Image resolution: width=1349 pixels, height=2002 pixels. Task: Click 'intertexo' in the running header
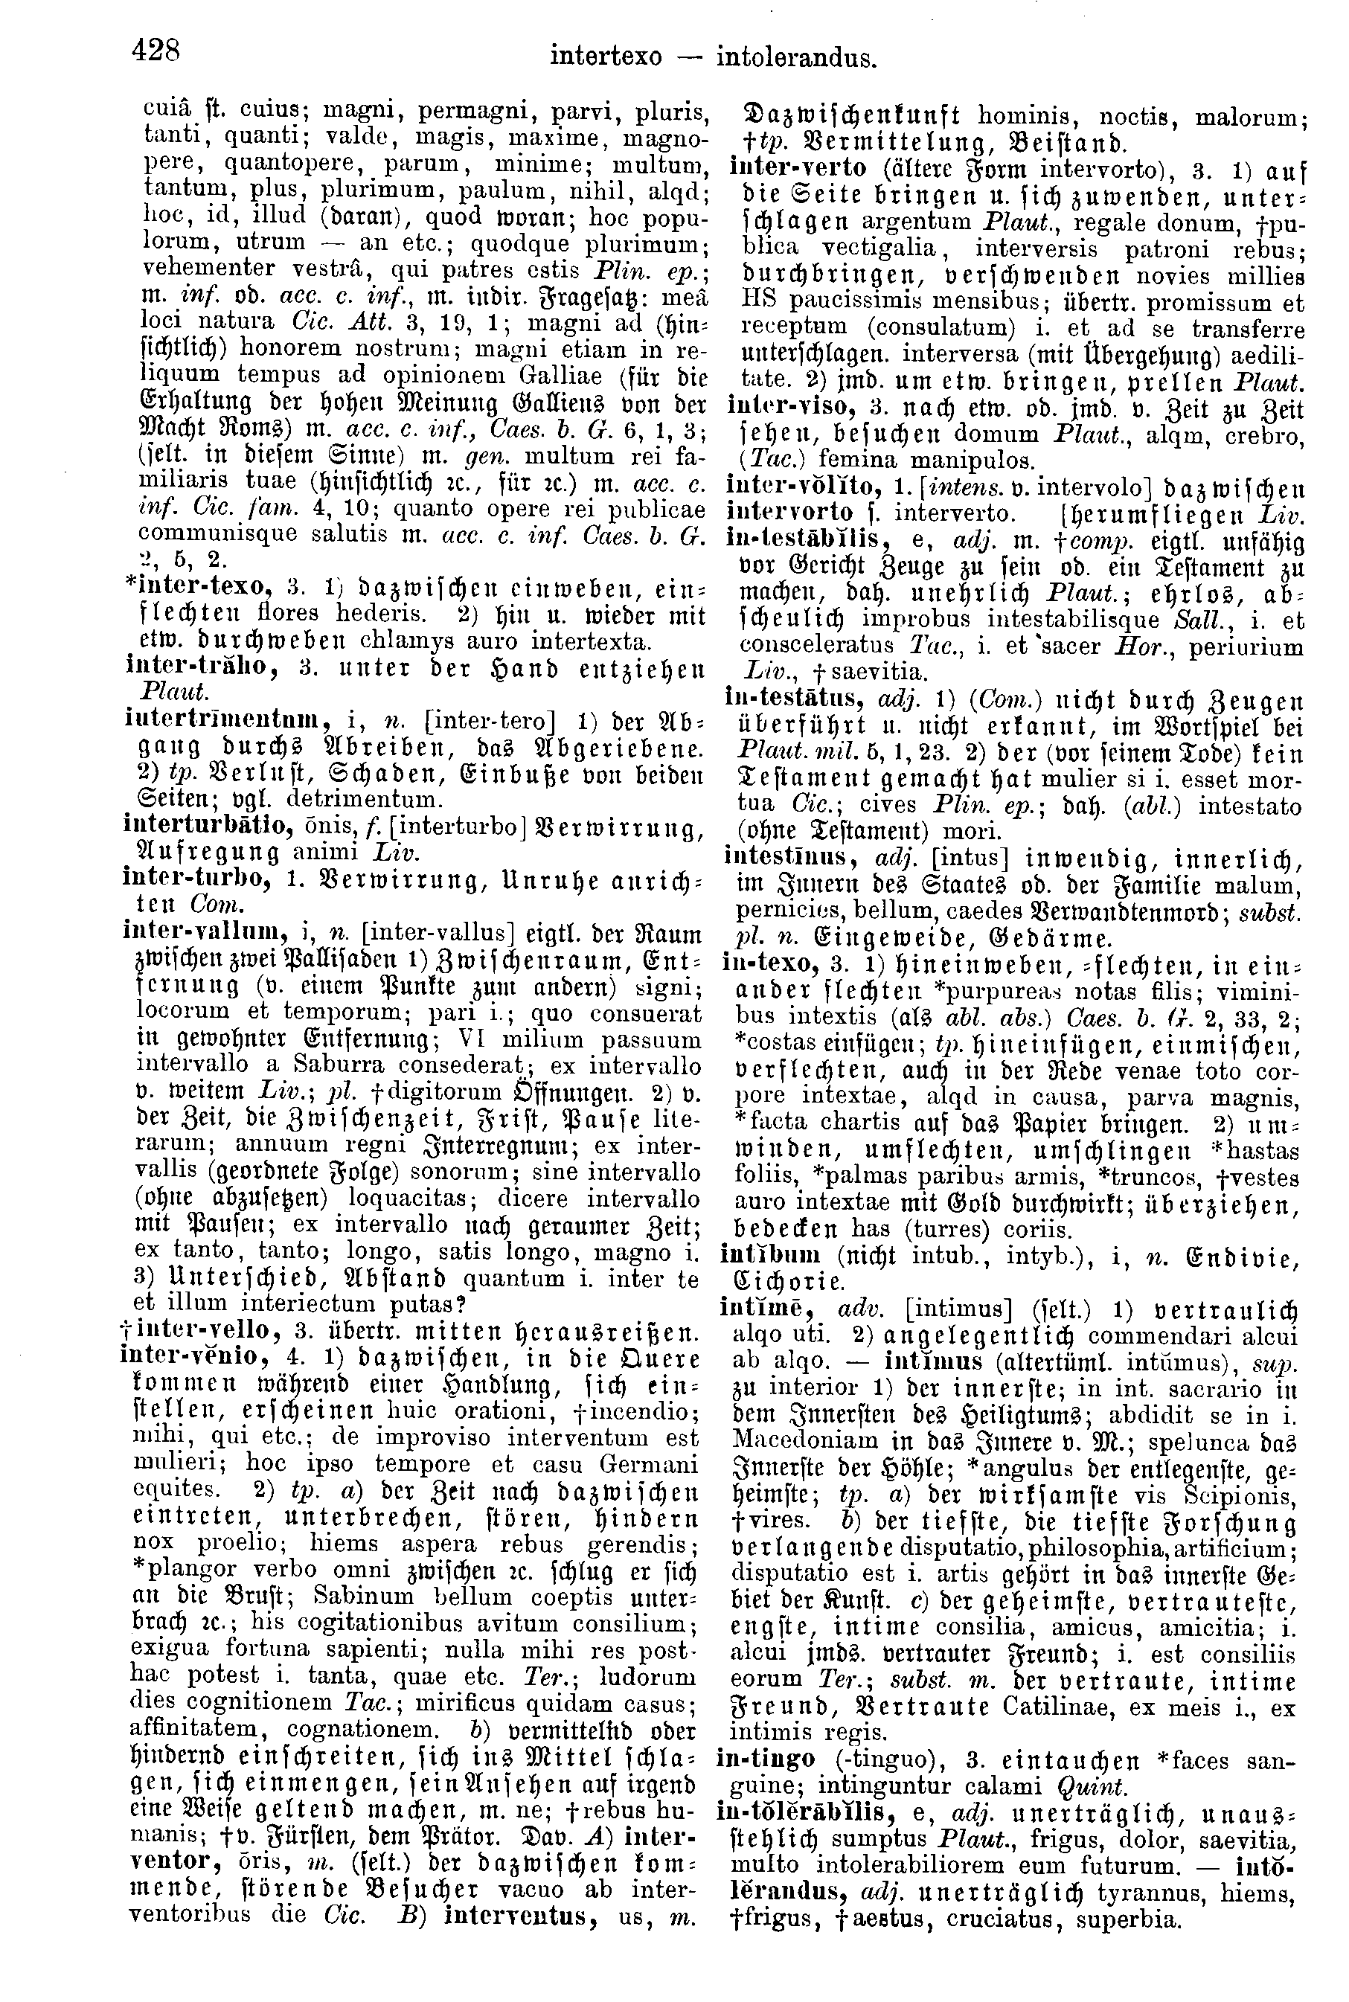pyautogui.click(x=606, y=59)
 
